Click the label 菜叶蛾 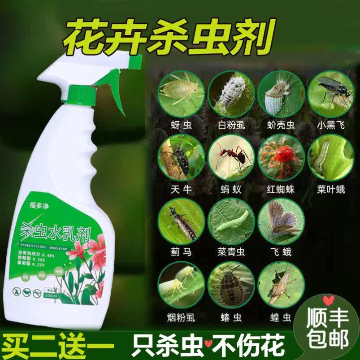coord(331,190)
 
